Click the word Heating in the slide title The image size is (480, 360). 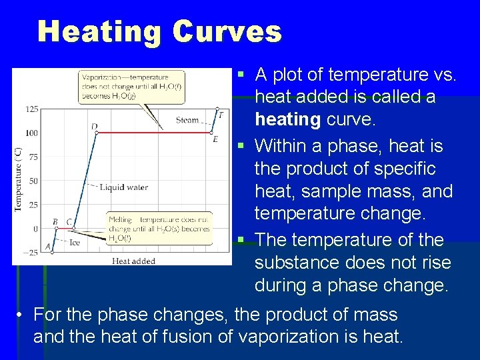click(99, 31)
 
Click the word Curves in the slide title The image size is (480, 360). click(227, 31)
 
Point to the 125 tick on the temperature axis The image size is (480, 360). click(31, 109)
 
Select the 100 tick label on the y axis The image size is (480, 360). click(31, 133)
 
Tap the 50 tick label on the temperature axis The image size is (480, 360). click(33, 181)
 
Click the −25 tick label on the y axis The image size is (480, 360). click(31, 252)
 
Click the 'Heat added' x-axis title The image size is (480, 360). click(133, 261)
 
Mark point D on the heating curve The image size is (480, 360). click(97, 133)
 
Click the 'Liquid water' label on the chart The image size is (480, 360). click(123, 187)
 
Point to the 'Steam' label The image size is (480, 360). click(187, 120)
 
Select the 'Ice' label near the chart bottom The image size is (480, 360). click(75, 243)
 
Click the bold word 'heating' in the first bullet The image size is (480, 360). click(288, 119)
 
